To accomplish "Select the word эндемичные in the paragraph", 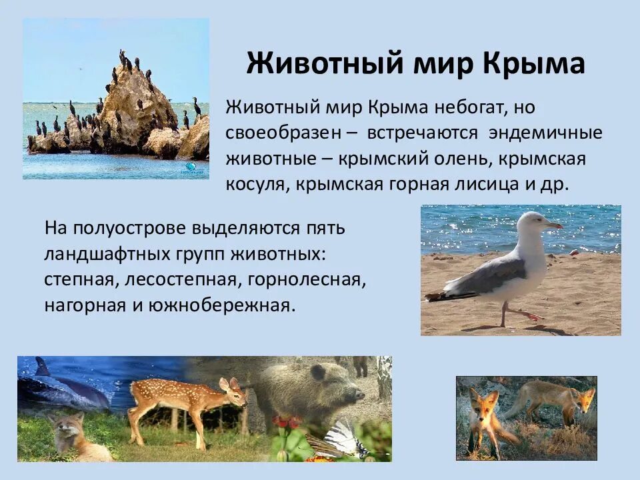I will pyautogui.click(x=545, y=132).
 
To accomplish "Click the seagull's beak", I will pyautogui.click(x=555, y=226).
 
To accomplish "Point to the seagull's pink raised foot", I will pyautogui.click(x=530, y=314).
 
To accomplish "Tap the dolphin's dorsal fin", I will pyautogui.click(x=42, y=366).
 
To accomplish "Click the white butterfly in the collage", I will pyautogui.click(x=340, y=439).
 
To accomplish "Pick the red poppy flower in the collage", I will pyautogui.click(x=285, y=422).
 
